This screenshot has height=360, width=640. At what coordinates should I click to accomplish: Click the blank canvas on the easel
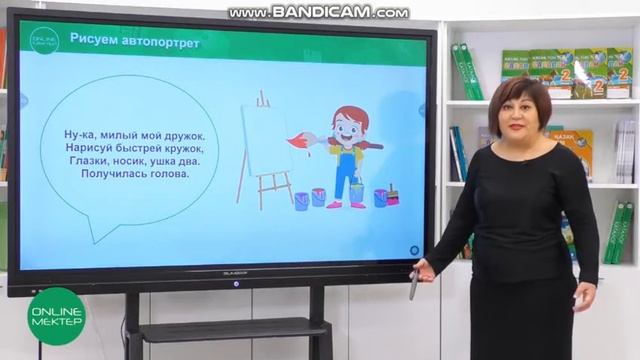[x=266, y=140]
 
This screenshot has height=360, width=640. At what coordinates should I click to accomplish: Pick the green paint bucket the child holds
[x=357, y=191]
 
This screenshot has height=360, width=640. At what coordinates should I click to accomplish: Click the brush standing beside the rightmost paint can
[x=392, y=193]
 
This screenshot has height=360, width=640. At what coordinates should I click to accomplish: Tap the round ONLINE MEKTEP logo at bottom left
[x=56, y=315]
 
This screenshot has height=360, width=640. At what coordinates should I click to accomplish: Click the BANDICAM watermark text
[x=318, y=13]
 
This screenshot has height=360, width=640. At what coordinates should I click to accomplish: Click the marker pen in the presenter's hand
[x=413, y=286]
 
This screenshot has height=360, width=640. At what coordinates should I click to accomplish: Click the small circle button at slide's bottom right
[x=414, y=248]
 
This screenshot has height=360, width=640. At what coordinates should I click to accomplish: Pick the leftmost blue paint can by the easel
[x=301, y=200]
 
